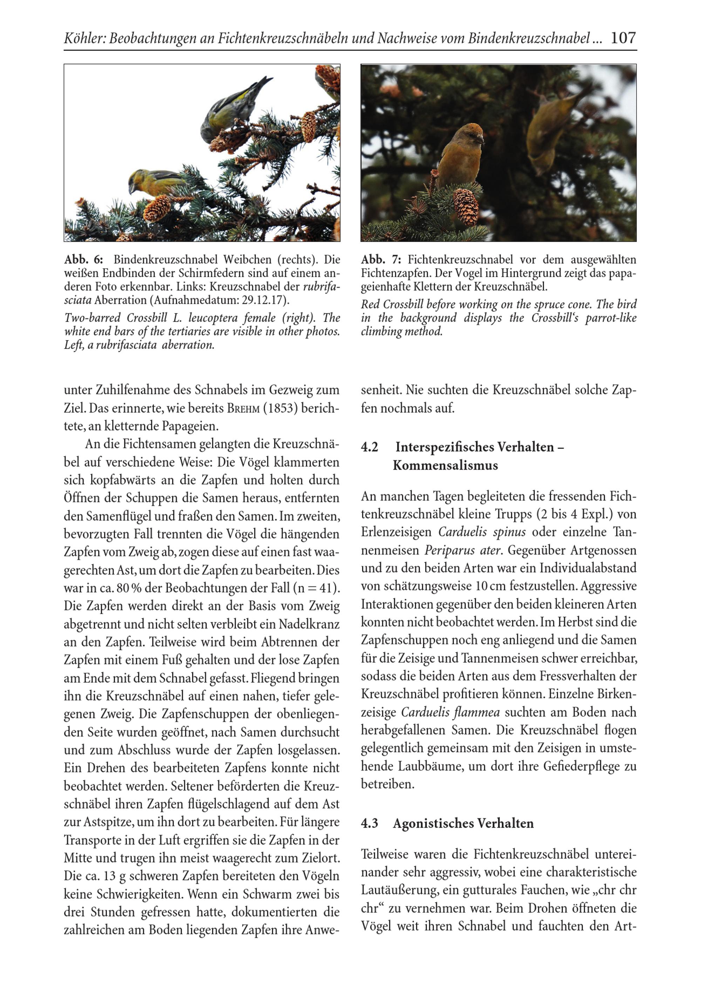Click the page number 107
tap(623, 38)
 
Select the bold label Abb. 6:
tap(83, 260)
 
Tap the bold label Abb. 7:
tap(381, 260)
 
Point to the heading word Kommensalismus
tap(445, 465)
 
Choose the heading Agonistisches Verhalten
tap(463, 823)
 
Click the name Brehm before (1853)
tap(244, 408)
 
